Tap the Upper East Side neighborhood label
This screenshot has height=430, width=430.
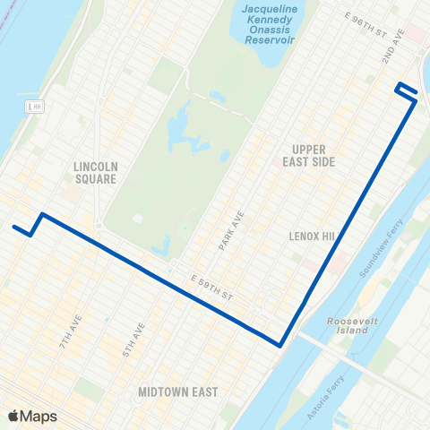pyautogui.click(x=314, y=155)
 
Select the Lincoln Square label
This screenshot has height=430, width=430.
pyautogui.click(x=96, y=172)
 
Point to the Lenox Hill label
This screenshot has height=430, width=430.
pyautogui.click(x=311, y=236)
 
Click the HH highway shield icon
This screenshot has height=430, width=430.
pyautogui.click(x=35, y=107)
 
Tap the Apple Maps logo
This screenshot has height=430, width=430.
pyautogui.click(x=32, y=416)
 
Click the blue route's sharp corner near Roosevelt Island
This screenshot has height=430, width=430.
pyautogui.click(x=280, y=345)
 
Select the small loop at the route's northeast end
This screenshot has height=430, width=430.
pyautogui.click(x=406, y=91)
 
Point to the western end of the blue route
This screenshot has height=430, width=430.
pyautogui.click(x=14, y=227)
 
